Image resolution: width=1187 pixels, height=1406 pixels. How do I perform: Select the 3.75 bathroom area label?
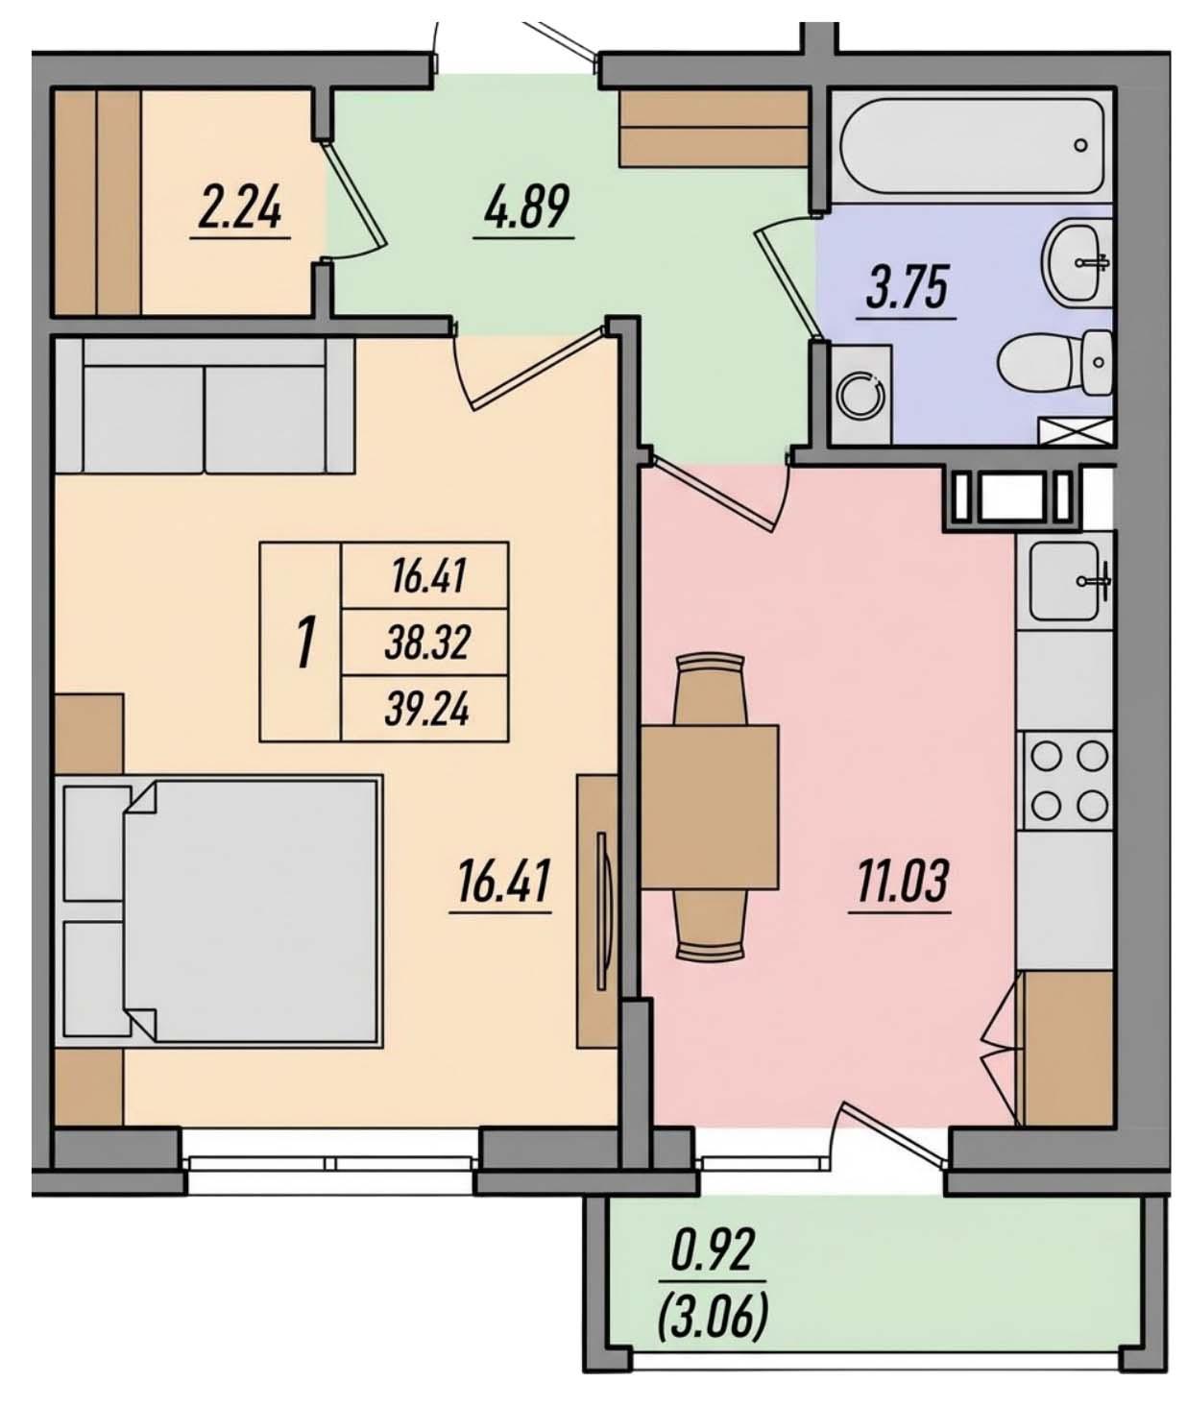click(907, 287)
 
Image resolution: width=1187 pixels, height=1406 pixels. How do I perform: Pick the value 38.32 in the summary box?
click(426, 642)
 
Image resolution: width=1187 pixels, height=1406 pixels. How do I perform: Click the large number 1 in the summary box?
click(305, 643)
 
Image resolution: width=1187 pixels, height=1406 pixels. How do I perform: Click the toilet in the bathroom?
click(1053, 365)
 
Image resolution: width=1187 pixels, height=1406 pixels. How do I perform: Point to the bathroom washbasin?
click(1075, 258)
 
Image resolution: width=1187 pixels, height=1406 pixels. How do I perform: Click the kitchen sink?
click(1065, 580)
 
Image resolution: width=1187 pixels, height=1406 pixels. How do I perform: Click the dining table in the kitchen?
click(710, 807)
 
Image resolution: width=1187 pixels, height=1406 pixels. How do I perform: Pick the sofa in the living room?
click(205, 406)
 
